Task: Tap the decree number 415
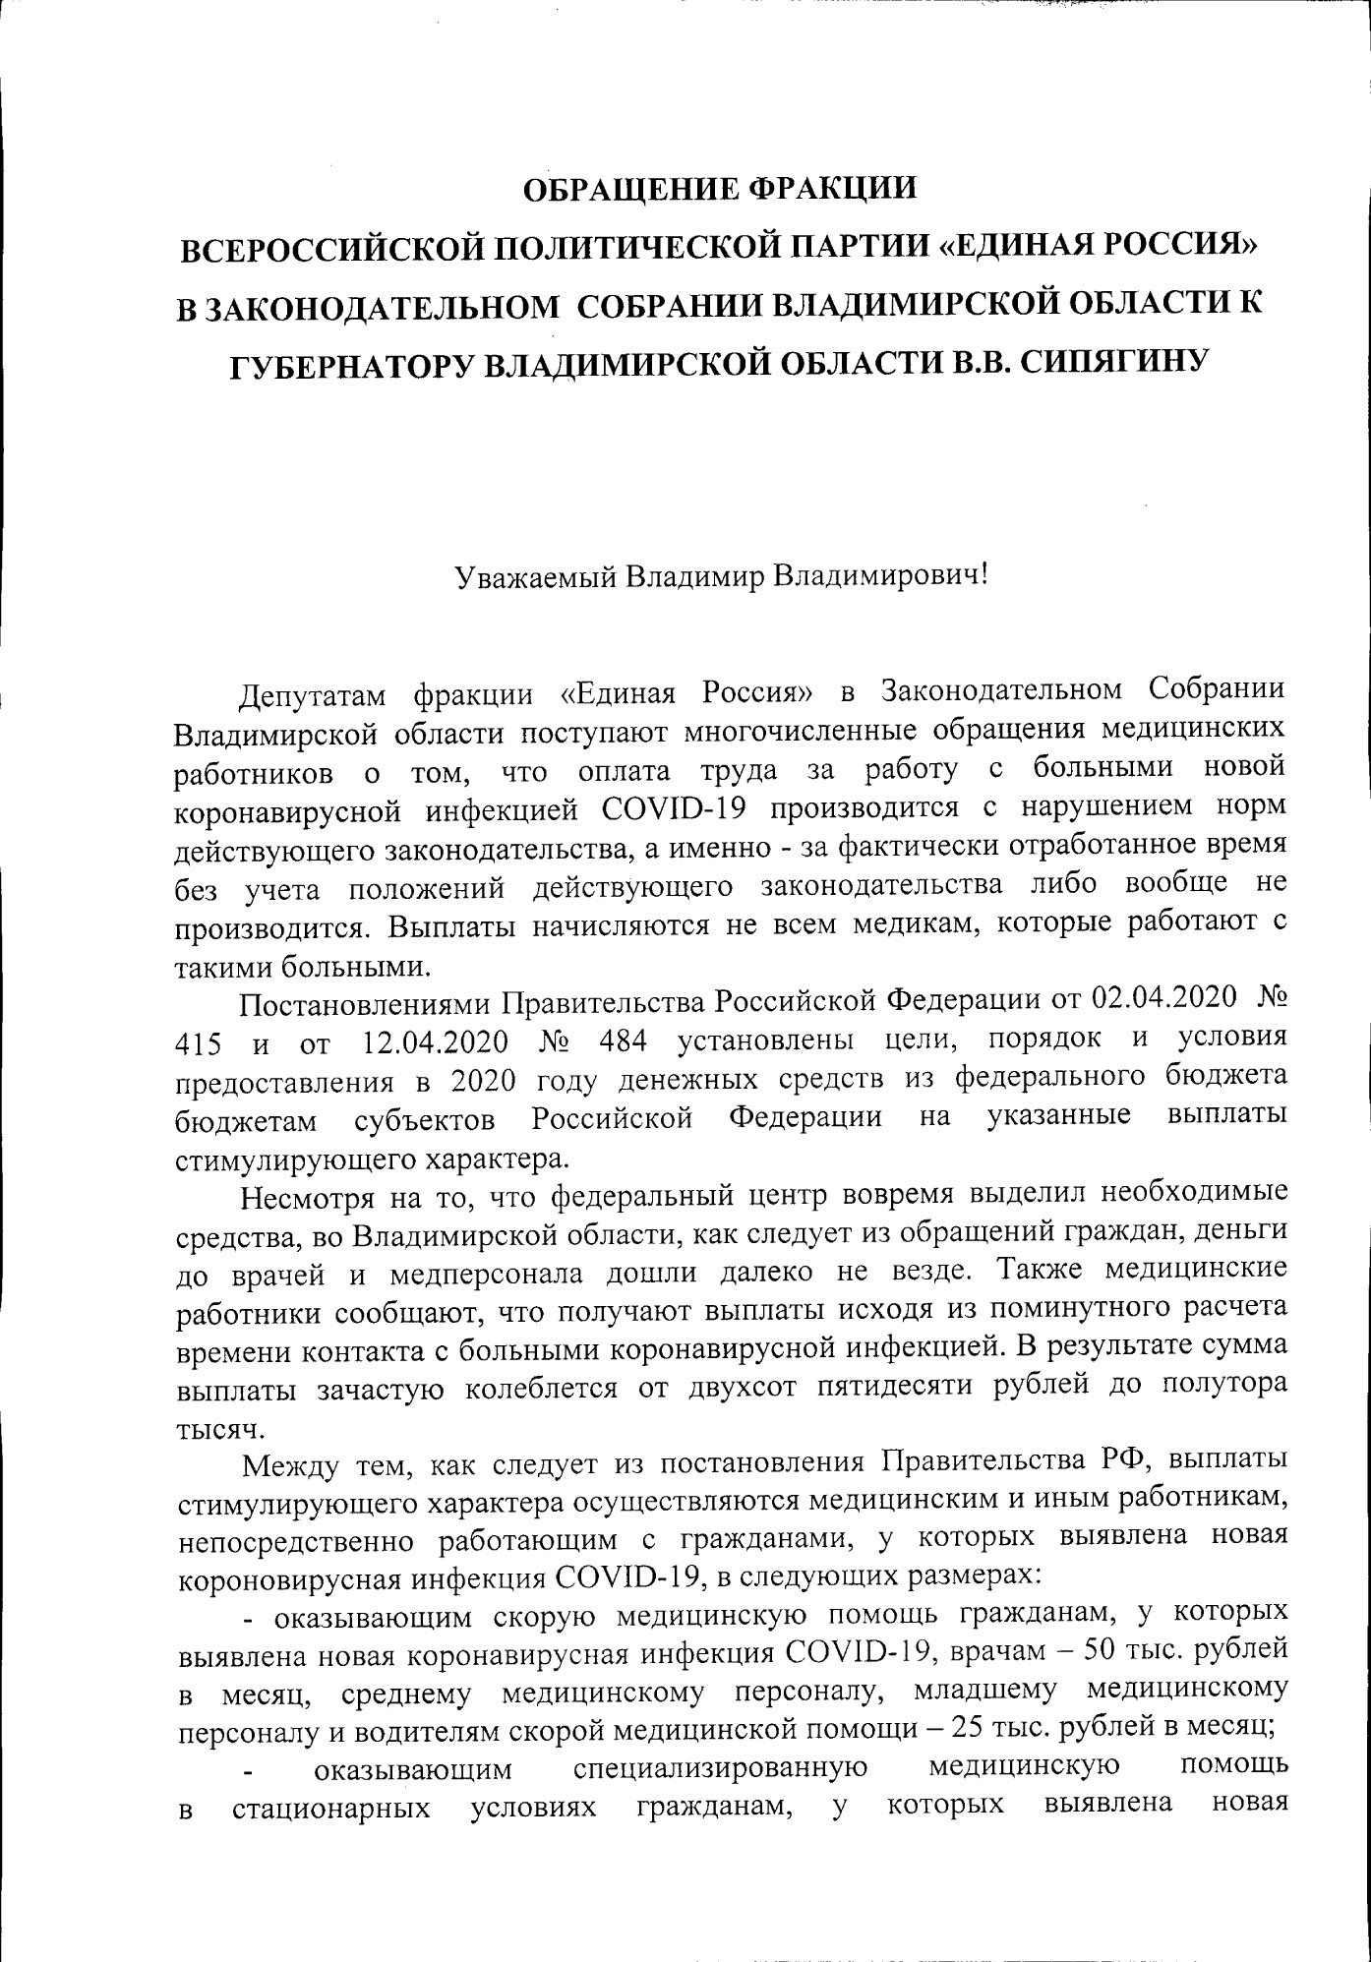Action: pyautogui.click(x=198, y=1042)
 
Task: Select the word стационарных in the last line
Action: pyautogui.click(x=330, y=1810)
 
